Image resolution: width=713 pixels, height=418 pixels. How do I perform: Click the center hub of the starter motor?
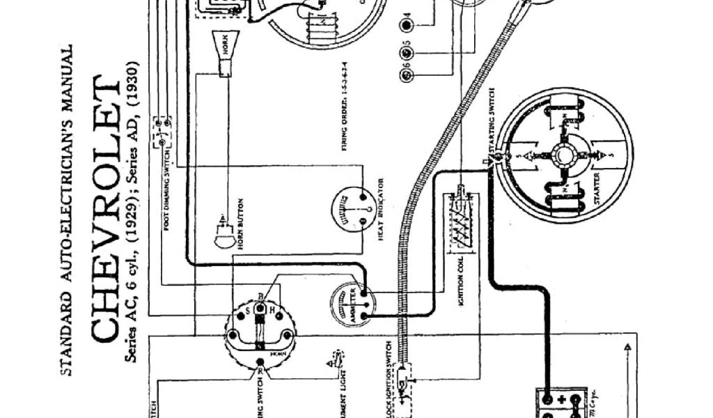(563, 155)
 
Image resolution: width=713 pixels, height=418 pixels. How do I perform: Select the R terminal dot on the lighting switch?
(260, 362)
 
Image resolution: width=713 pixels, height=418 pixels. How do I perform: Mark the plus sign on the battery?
(562, 399)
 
